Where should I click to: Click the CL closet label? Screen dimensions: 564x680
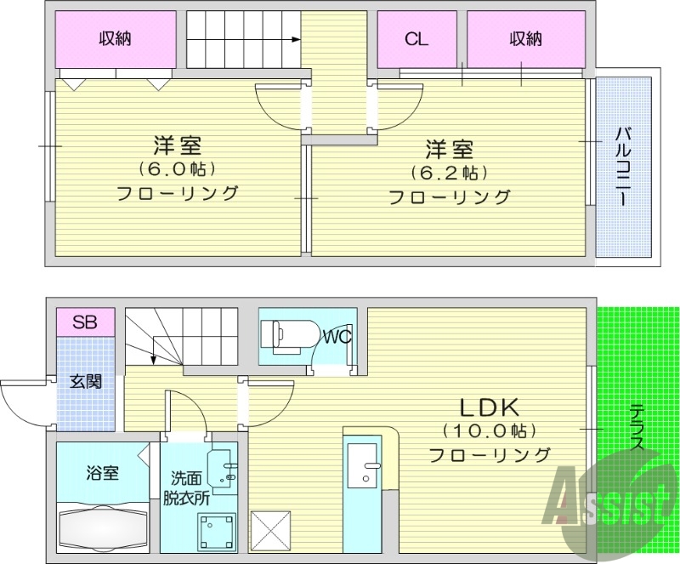pyautogui.click(x=416, y=38)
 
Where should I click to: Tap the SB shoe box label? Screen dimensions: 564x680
pyautogui.click(x=84, y=322)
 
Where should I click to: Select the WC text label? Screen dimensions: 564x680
pyautogui.click(x=337, y=337)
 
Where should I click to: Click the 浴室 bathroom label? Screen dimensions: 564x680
pyautogui.click(x=103, y=473)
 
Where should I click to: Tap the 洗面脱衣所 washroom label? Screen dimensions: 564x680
pyautogui.click(x=187, y=489)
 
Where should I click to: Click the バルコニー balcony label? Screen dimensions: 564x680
pyautogui.click(x=623, y=166)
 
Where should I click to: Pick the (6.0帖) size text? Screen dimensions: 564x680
pyautogui.click(x=178, y=168)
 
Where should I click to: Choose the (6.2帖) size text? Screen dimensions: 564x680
pyautogui.click(x=449, y=174)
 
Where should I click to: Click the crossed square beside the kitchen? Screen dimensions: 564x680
pyautogui.click(x=273, y=531)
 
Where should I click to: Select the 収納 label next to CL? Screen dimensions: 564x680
pyautogui.click(x=526, y=38)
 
